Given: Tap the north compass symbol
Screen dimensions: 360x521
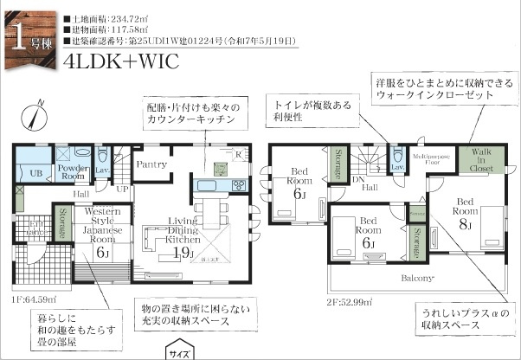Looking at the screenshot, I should pos(35,115).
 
